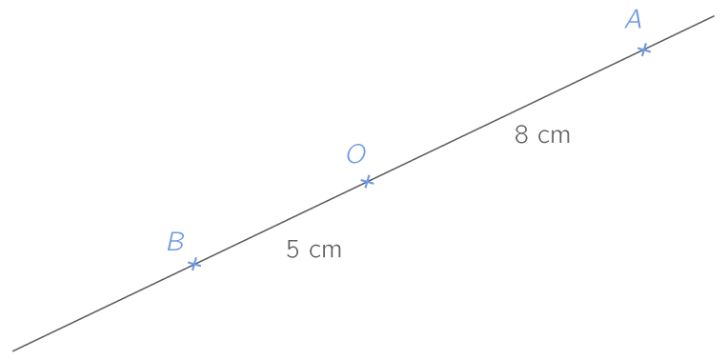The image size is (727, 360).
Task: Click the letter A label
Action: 634,20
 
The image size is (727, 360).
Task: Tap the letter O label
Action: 355,154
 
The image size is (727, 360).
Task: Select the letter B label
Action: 175,242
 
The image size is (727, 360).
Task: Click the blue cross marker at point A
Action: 644,49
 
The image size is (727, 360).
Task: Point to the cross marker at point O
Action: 367,181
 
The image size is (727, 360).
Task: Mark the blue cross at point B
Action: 193,263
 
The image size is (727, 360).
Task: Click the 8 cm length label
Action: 542,135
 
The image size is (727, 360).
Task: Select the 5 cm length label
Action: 313,250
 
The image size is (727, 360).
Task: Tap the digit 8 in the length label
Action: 521,135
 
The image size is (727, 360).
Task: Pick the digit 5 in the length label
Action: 293,250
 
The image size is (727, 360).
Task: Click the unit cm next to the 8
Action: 554,136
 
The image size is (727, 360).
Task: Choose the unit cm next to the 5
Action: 325,250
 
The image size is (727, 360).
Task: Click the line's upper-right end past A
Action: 711,17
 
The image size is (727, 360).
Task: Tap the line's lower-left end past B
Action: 14,349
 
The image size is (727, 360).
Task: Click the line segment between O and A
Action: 505,115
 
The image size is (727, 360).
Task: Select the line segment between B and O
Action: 280,222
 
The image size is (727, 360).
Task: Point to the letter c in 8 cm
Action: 543,137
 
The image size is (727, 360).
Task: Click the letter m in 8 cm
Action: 560,137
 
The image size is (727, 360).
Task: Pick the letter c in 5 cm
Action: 314,251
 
